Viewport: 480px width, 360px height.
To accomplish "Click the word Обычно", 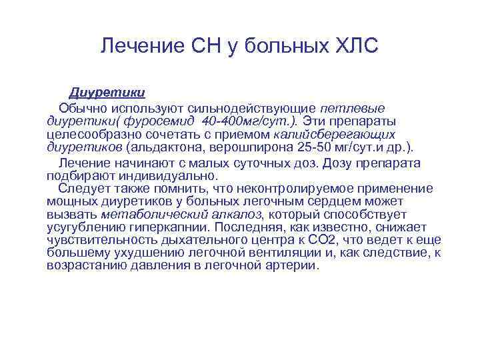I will [x=82, y=108].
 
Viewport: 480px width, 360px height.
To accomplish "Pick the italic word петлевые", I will [x=353, y=108].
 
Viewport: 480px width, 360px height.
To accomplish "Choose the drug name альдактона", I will [x=163, y=147].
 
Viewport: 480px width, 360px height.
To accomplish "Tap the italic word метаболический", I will [x=145, y=215].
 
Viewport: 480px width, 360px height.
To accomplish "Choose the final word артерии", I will [x=291, y=265].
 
